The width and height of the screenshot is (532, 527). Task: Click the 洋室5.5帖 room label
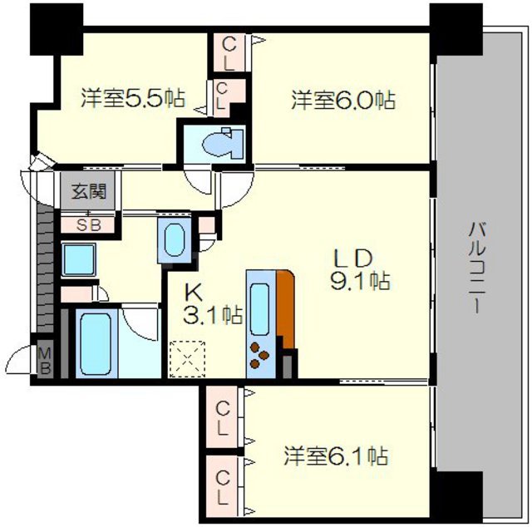pos(133,100)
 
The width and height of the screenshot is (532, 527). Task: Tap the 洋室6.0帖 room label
pos(342,101)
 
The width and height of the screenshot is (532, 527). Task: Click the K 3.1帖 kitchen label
pos(213,304)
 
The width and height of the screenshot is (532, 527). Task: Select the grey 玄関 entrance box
pos(89,192)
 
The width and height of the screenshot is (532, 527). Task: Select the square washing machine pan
pos(80,261)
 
